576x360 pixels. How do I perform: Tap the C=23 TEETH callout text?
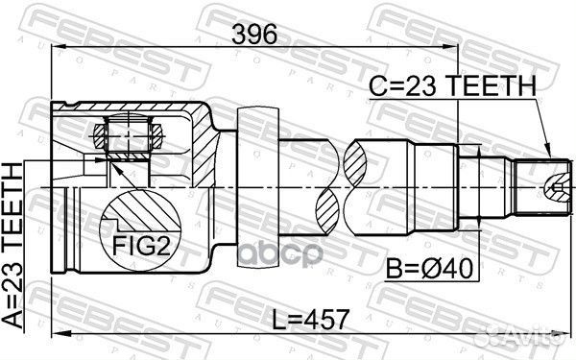pyautogui.click(x=451, y=86)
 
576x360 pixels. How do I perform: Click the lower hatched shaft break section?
pyautogui.click(x=327, y=208)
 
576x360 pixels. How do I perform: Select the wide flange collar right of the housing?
pyautogui.click(x=247, y=182)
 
